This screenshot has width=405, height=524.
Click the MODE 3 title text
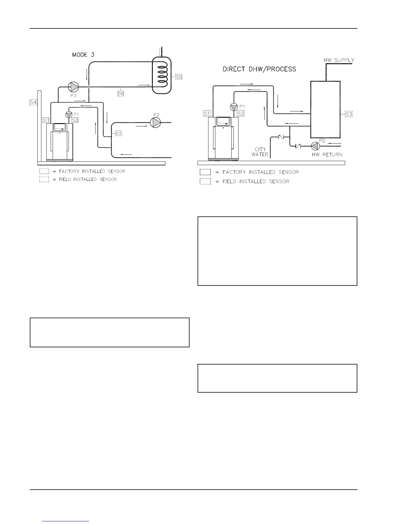tap(83, 55)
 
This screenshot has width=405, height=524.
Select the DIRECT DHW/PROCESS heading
tap(259, 69)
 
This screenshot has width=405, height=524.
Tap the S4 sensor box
tap(33, 102)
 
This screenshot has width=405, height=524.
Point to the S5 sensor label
tap(179, 77)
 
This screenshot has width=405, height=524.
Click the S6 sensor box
tap(121, 94)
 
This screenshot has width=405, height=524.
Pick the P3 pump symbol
tap(73, 87)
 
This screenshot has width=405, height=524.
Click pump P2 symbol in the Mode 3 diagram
tap(155, 123)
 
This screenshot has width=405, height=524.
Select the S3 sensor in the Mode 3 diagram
tap(118, 134)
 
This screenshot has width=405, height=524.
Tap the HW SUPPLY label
tap(339, 60)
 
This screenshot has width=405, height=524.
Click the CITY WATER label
tap(260, 152)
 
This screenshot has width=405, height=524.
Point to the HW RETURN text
tap(327, 154)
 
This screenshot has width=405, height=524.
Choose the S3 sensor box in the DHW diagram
tap(349, 114)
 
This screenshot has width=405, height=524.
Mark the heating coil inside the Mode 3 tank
tap(161, 75)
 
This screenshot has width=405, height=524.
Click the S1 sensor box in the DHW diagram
tap(207, 113)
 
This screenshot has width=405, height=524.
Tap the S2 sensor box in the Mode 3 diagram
tap(75, 120)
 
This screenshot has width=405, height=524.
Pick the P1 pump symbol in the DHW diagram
tap(234, 107)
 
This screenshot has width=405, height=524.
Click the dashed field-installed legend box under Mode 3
tap(44, 179)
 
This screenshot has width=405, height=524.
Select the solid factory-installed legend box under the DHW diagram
tap(205, 172)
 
